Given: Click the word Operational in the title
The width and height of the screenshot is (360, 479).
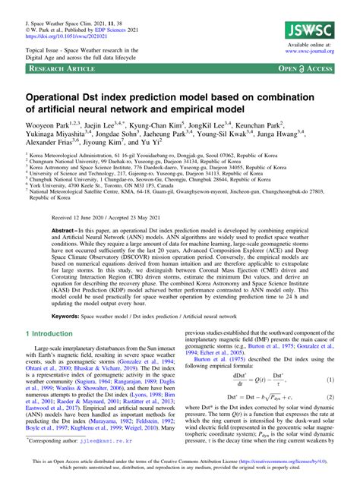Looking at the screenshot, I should pos(64,99).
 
